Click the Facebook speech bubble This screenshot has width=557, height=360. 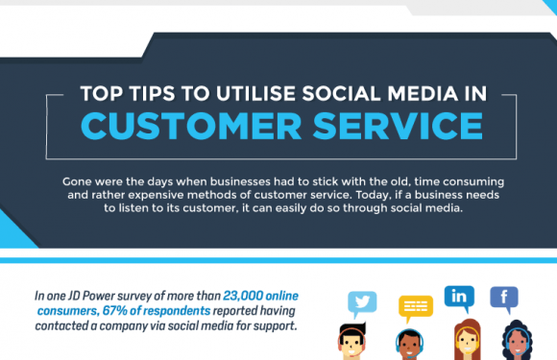pos(504,297)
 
